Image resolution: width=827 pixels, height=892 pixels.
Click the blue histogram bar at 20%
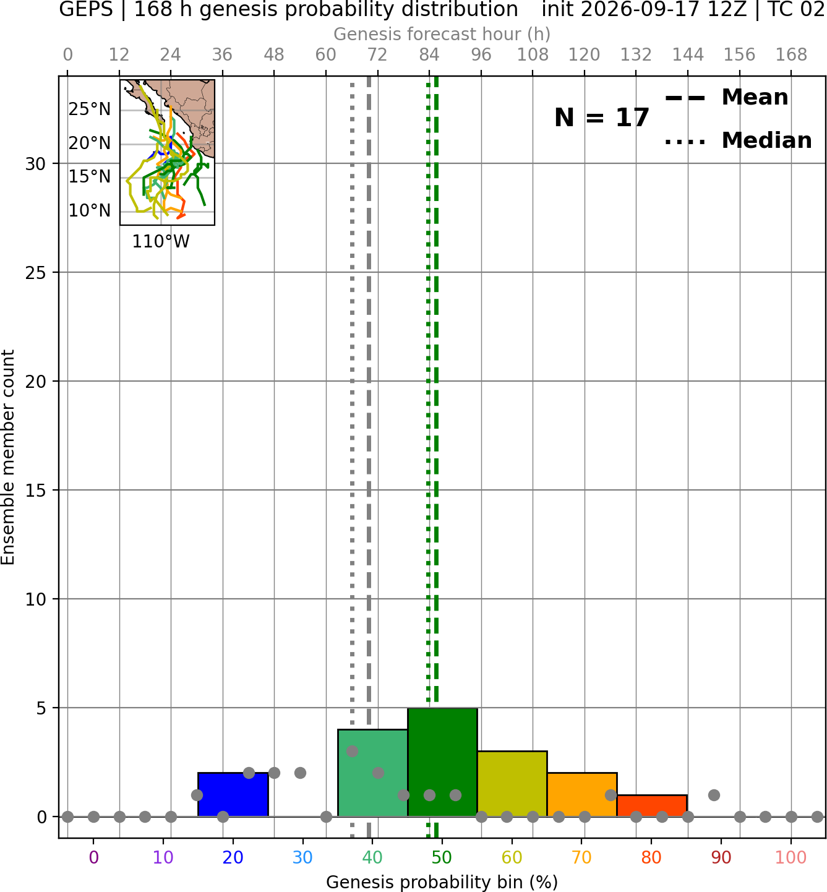point(233,794)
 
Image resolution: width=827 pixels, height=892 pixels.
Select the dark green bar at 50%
point(442,762)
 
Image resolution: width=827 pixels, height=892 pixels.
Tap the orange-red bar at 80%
point(652,806)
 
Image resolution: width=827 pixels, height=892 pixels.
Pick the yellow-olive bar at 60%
point(512,784)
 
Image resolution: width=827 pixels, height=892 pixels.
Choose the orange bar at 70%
point(582,794)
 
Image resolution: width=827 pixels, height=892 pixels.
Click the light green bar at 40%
point(373,773)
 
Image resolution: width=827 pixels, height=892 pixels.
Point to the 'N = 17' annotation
point(601,118)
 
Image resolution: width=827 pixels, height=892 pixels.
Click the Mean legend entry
point(726,98)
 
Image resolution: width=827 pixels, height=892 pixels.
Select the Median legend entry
point(738,140)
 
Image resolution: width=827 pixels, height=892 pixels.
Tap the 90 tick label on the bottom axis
point(721,857)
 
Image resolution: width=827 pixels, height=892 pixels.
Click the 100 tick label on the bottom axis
point(791,857)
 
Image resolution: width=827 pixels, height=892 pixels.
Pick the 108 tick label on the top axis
point(533,55)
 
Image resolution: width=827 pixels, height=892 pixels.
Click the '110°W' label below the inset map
point(161,242)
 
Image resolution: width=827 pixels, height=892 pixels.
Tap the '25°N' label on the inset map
point(90,109)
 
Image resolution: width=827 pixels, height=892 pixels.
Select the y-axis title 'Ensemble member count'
point(7,457)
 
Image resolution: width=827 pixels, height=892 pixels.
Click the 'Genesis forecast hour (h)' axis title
point(442,34)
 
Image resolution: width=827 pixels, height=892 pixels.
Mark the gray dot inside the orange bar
point(611,795)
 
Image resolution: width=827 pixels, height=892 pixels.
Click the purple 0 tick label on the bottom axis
point(93,857)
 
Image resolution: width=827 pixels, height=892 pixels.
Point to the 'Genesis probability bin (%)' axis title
point(442,882)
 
